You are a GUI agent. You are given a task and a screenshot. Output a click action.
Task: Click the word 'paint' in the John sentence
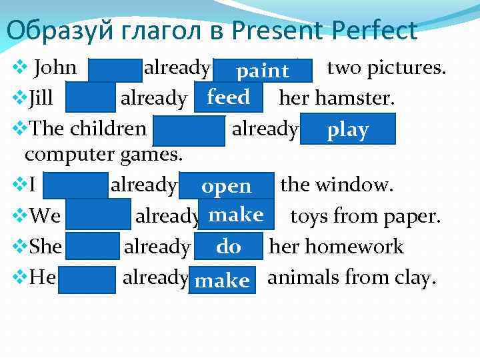[x=263, y=71]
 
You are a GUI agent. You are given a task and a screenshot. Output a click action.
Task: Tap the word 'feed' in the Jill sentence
[x=228, y=98]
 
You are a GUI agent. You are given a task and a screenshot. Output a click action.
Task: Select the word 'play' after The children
[x=347, y=130]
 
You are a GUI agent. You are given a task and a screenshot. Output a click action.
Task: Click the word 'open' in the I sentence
[x=227, y=186]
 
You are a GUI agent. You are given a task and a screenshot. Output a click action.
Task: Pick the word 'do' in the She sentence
[x=229, y=247]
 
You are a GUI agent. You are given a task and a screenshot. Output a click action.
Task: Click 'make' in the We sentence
[x=236, y=215]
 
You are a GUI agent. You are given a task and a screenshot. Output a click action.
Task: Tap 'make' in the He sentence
[x=223, y=280]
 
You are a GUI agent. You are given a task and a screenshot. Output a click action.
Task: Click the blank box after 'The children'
[x=189, y=129]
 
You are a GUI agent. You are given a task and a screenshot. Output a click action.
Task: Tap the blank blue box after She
[x=93, y=247]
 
